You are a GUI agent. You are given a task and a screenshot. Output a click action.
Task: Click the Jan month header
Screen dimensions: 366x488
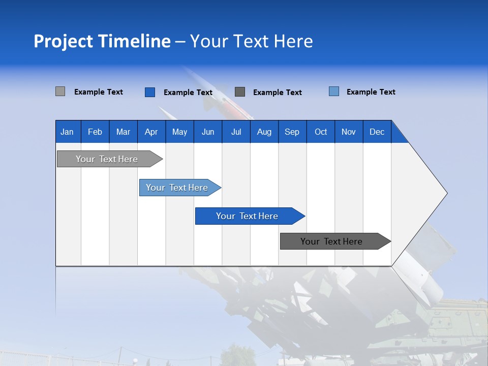pyautogui.click(x=68, y=132)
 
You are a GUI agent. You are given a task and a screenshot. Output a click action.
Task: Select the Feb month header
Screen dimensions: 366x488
pyautogui.click(x=95, y=132)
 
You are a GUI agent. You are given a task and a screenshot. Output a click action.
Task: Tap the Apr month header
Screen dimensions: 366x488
pyautogui.click(x=151, y=132)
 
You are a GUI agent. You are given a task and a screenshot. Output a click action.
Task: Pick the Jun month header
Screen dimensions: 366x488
pyautogui.click(x=208, y=132)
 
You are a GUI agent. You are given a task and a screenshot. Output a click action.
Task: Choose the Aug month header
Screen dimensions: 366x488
pyautogui.click(x=264, y=132)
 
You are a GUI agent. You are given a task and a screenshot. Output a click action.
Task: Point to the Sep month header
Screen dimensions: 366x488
pyautogui.click(x=292, y=132)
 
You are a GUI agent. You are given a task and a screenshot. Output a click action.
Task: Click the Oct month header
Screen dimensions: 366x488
pyautogui.click(x=321, y=132)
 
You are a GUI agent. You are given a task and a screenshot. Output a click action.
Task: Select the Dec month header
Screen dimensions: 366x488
pyautogui.click(x=377, y=132)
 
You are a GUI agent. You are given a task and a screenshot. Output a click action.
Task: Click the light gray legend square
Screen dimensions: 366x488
pyautogui.click(x=60, y=91)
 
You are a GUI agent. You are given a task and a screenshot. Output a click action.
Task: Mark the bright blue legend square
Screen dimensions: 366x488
pyautogui.click(x=150, y=92)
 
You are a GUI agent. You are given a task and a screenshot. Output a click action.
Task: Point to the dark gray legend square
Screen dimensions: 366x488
pyautogui.click(x=240, y=92)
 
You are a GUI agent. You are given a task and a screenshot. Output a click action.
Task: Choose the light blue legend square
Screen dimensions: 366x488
pyautogui.click(x=334, y=91)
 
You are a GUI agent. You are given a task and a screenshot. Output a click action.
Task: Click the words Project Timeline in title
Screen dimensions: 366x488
pyautogui.click(x=102, y=41)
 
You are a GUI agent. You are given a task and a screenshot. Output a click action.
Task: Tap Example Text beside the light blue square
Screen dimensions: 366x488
pyautogui.click(x=371, y=92)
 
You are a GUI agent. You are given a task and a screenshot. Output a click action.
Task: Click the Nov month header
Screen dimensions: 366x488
pyautogui.click(x=349, y=132)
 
